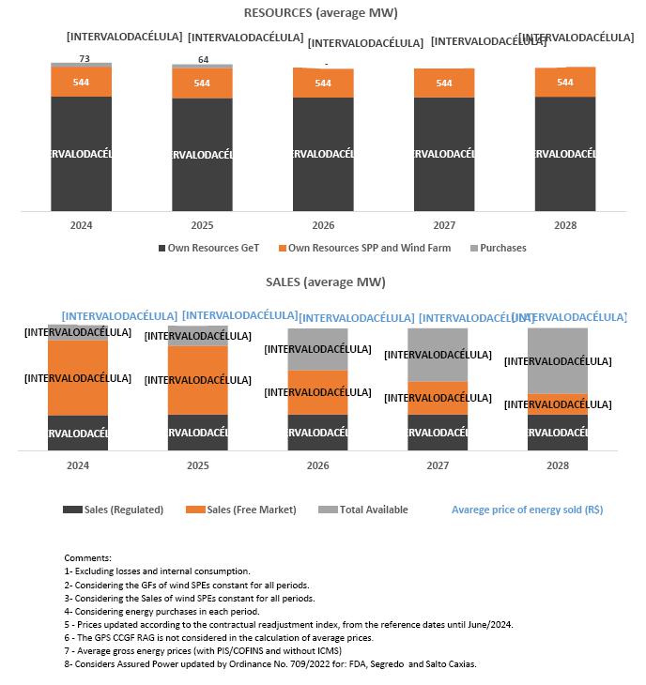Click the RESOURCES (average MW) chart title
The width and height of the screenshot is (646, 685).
click(x=320, y=13)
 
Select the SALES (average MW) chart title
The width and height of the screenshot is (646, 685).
click(x=320, y=282)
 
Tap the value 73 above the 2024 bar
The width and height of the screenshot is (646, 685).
click(x=84, y=58)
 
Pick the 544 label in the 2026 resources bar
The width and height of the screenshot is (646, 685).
click(x=323, y=84)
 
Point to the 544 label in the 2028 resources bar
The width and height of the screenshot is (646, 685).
click(x=564, y=83)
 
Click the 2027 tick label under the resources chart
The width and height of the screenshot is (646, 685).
click(x=444, y=225)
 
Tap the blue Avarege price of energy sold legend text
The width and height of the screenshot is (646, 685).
click(x=527, y=510)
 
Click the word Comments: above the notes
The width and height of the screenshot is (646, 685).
click(x=87, y=558)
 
